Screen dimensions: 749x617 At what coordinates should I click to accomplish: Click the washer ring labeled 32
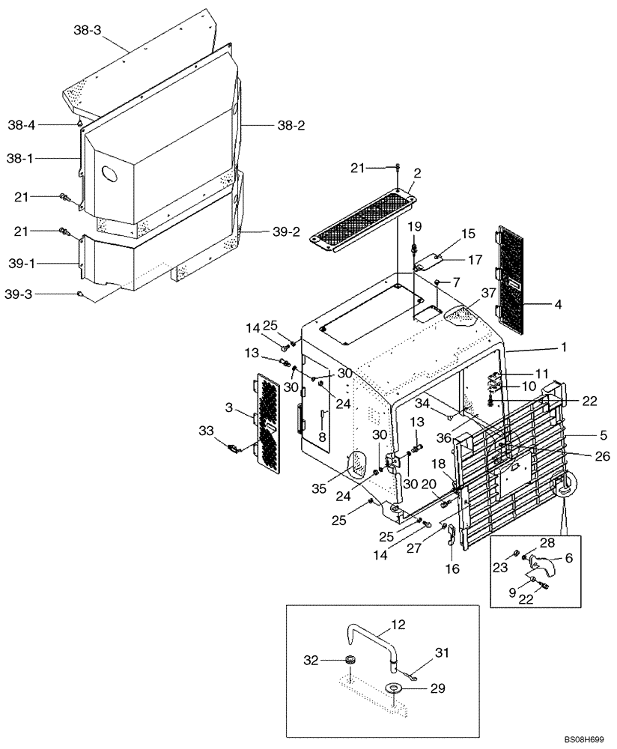pos(350,661)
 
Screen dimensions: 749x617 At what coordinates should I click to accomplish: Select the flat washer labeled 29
pos(392,688)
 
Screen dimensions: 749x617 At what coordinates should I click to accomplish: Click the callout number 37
pos(489,292)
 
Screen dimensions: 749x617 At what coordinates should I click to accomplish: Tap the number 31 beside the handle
pos(443,654)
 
